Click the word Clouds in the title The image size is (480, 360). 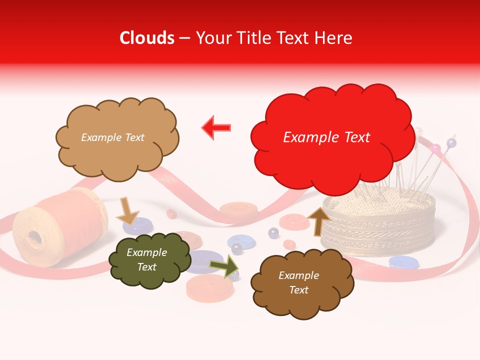point(147,38)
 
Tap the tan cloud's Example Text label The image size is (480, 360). point(112,137)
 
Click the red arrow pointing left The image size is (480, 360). point(216,127)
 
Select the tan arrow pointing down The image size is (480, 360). point(127,210)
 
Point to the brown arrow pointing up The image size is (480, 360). point(318,220)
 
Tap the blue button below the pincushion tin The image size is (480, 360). point(404,261)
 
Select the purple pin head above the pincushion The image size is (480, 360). point(451,143)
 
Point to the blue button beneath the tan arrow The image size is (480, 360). point(137,226)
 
